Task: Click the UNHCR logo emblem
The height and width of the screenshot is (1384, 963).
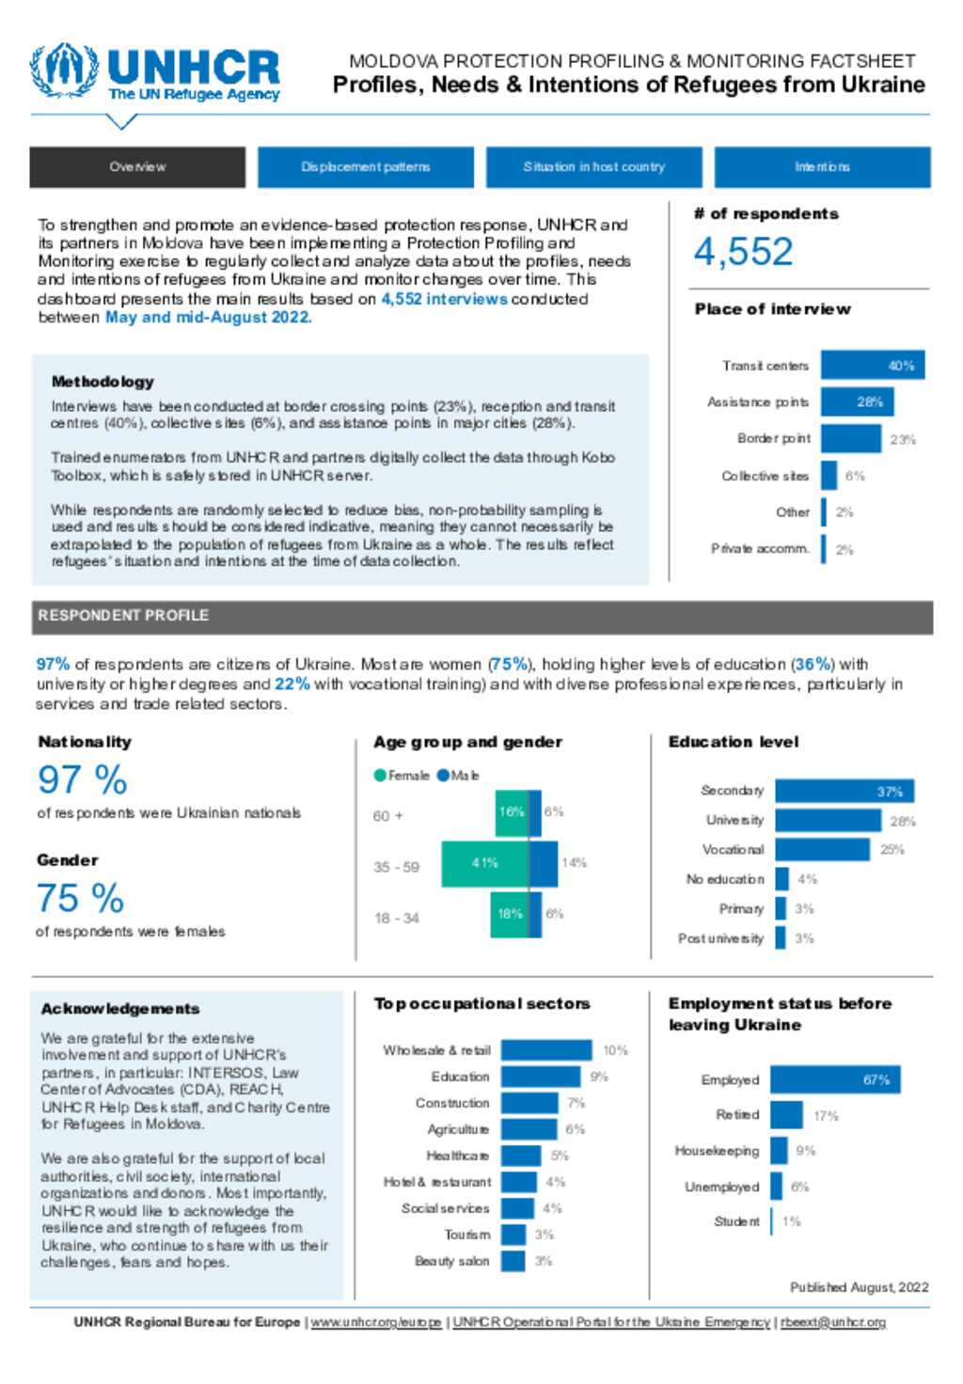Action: [x=63, y=71]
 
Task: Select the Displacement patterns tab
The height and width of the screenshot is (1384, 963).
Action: [x=365, y=167]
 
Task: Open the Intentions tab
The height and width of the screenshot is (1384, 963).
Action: [x=822, y=167]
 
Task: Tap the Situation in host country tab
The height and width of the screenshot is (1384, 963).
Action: [x=593, y=167]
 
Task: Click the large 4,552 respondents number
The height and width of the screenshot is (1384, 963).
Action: [x=743, y=252]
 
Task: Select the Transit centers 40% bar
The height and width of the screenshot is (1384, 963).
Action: [x=872, y=366]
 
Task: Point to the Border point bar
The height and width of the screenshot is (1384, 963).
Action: [x=850, y=439]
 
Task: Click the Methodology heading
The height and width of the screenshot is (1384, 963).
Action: [x=103, y=382]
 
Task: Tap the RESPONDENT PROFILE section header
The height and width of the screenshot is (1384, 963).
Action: [x=123, y=616]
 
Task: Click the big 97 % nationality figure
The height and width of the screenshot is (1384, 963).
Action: [x=82, y=780]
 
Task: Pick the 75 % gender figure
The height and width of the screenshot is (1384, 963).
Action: [x=80, y=899]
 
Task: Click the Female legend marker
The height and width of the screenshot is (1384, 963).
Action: [x=380, y=776]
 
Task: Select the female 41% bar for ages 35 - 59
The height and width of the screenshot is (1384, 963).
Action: [x=484, y=863]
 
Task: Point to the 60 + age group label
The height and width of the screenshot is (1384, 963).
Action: [x=387, y=816]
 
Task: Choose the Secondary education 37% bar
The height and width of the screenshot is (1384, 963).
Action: [x=844, y=792]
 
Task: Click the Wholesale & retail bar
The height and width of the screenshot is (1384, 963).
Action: [x=546, y=1050]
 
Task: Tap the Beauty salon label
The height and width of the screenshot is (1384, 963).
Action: [x=451, y=1262]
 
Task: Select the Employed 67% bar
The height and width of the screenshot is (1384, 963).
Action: [x=835, y=1080]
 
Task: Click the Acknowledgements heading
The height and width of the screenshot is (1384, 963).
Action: [x=120, y=1009]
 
